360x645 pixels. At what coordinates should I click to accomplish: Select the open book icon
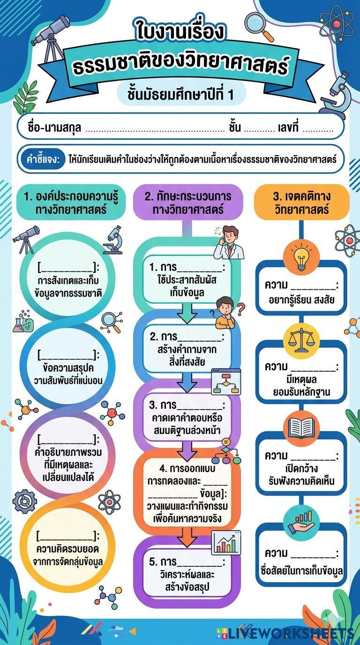pos(301,428)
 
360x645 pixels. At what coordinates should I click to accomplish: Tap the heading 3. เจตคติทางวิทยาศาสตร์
pos(301,202)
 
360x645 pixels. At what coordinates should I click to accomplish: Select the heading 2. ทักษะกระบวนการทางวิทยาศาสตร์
pos(187,202)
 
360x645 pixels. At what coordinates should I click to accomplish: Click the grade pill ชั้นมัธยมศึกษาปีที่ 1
pos(180,94)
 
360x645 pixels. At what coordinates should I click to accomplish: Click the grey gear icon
pos(24,502)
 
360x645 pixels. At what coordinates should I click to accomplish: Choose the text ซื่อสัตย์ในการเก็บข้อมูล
pos(301,571)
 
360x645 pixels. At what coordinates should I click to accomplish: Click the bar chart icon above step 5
pos(226,542)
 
